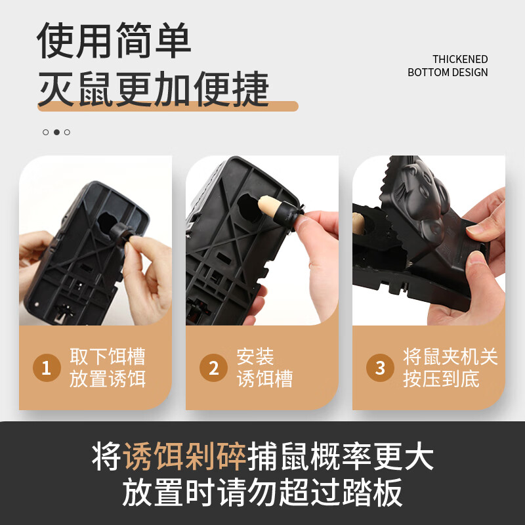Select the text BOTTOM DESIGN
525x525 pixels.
point(448,72)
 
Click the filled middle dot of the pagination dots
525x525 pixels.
point(56,132)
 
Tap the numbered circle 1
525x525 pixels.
point(47,368)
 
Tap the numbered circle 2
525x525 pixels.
point(213,368)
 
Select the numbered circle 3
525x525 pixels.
point(380,368)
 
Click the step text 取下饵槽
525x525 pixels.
point(108,357)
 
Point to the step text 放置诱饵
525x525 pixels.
point(108,379)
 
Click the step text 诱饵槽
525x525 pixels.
point(264,379)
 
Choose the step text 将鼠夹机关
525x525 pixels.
point(450,357)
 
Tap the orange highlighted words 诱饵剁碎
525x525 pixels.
point(185,457)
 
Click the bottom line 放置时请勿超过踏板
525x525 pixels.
point(262,493)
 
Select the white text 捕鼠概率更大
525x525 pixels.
point(341,457)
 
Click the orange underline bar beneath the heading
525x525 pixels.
point(168,106)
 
